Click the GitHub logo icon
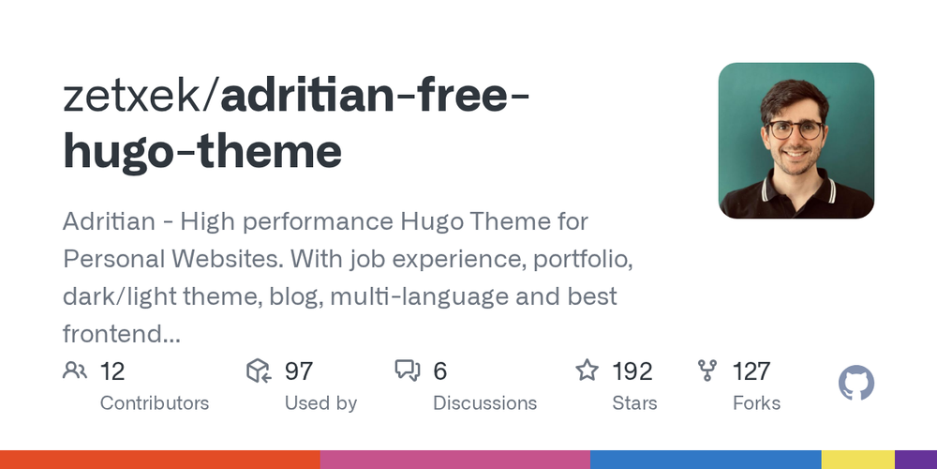point(855,384)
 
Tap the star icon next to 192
point(587,371)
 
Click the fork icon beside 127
point(707,371)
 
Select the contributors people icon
point(74,371)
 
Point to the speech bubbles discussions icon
point(408,371)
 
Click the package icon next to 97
point(259,371)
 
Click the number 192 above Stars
point(632,371)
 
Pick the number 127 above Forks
point(751,371)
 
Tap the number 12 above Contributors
point(112,371)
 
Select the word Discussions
point(484,403)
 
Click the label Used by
point(320,403)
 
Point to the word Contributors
point(155,403)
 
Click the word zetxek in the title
point(133,98)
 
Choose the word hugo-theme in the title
point(202,152)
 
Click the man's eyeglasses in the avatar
point(796,130)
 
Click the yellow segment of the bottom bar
point(857,460)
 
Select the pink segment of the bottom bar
point(454,460)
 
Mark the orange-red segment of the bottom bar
point(159,460)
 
